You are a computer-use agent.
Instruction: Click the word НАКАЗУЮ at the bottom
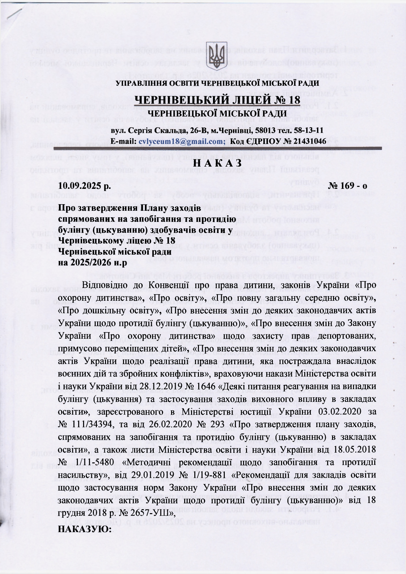84,529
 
